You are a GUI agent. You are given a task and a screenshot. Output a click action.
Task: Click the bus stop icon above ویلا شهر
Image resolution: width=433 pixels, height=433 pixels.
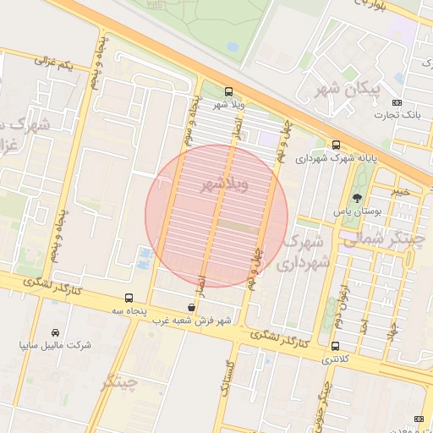tap(228, 91)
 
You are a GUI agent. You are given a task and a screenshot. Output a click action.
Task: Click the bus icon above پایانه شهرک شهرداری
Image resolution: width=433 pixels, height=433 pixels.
tap(337, 145)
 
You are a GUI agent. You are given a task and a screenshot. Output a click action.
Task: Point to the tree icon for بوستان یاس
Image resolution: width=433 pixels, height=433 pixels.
tap(357, 197)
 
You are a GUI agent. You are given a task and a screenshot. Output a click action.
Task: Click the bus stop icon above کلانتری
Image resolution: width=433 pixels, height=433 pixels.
tap(336, 346)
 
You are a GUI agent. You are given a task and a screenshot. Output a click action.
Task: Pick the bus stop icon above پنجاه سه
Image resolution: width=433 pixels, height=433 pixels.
tap(129, 298)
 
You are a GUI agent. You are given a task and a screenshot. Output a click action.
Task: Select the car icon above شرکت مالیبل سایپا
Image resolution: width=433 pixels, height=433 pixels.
tap(56, 332)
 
